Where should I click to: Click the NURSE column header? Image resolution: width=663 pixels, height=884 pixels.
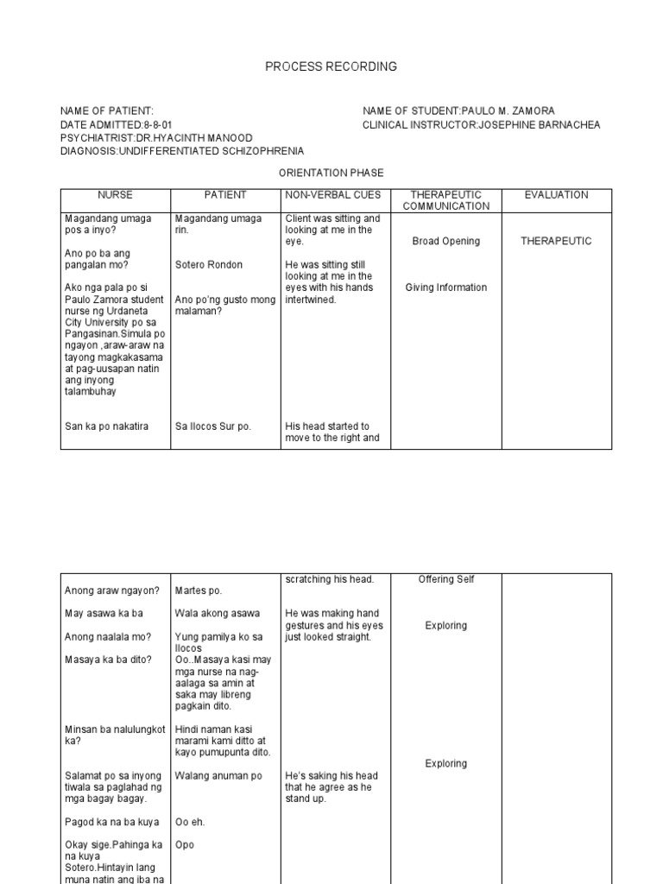click(115, 195)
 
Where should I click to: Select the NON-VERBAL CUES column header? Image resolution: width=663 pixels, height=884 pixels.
click(333, 195)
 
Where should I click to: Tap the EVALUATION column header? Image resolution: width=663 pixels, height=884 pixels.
click(556, 195)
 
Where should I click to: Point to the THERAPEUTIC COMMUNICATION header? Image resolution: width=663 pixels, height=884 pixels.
click(445, 200)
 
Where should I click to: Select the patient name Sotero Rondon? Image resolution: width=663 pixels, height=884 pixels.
click(209, 265)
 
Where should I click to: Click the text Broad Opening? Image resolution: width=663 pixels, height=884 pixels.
click(445, 242)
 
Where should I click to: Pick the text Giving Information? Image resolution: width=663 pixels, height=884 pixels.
click(445, 288)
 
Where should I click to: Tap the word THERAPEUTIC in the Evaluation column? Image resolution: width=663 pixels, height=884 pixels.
click(556, 242)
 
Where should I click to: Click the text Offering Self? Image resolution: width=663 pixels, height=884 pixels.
click(445, 579)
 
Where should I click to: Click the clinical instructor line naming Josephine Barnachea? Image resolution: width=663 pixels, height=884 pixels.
click(481, 125)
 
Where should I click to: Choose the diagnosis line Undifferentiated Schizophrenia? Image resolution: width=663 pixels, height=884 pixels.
click(181, 151)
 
